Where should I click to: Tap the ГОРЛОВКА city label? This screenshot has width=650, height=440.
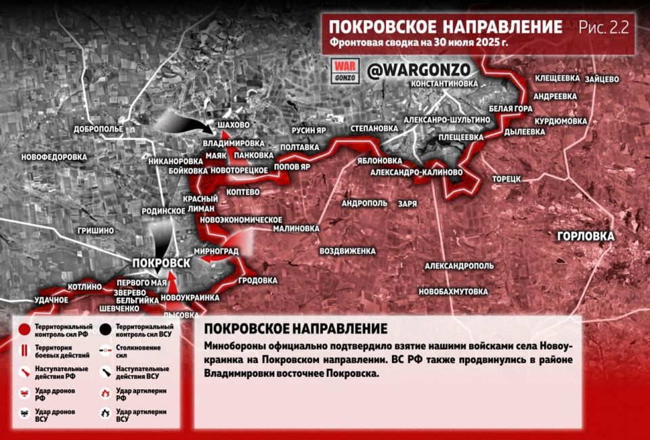[x=586, y=236]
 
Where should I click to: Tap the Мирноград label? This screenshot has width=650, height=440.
[x=216, y=250]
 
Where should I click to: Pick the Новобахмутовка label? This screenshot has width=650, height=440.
[x=454, y=292]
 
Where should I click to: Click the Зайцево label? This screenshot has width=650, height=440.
[x=601, y=79]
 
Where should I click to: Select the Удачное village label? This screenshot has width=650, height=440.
[x=51, y=299]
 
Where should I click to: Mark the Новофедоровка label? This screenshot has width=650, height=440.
[x=54, y=157]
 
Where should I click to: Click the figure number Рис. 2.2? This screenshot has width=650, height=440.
[x=603, y=28]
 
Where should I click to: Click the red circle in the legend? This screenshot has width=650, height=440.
[x=24, y=330]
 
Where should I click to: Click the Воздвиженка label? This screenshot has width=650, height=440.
[x=347, y=251]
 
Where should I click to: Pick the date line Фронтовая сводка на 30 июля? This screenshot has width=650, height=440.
[x=420, y=44]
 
